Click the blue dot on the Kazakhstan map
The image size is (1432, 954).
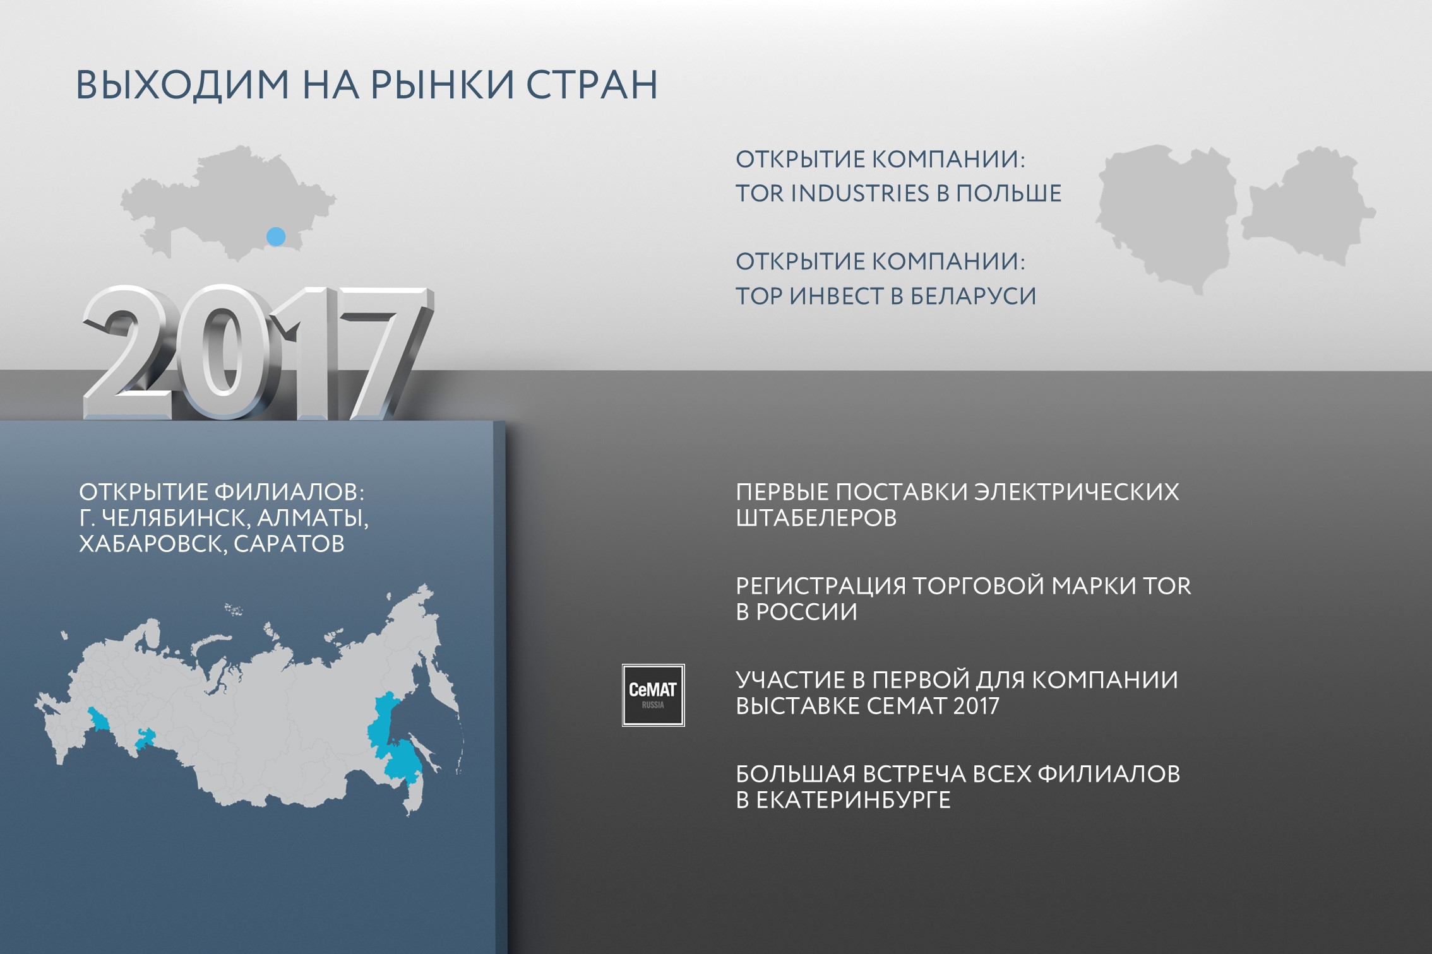click(x=276, y=237)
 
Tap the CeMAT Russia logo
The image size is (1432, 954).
click(x=653, y=695)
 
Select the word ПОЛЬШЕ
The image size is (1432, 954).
click(x=1008, y=193)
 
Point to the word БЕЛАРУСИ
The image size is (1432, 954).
click(x=973, y=296)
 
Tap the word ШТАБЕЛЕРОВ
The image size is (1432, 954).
click(x=816, y=518)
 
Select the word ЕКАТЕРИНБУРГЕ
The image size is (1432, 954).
click(x=853, y=800)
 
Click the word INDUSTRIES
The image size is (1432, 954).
click(x=860, y=193)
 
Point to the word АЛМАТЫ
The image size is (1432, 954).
click(x=312, y=518)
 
